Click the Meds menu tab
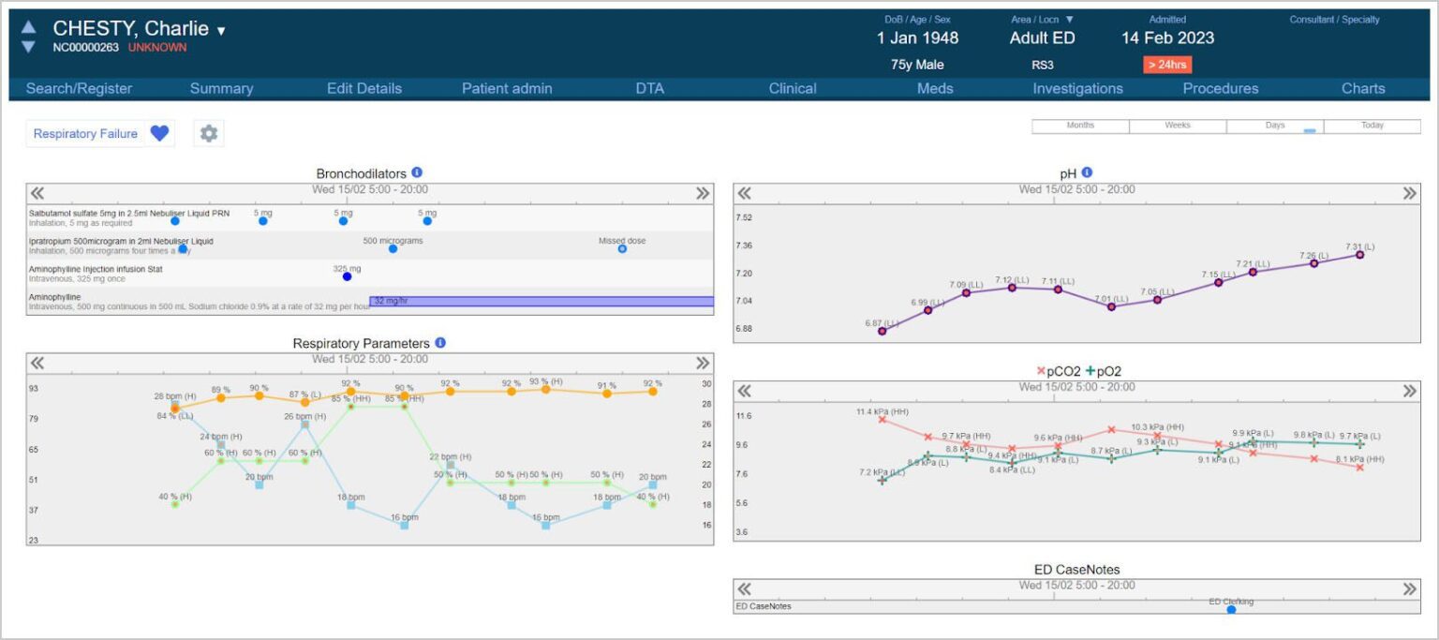934,88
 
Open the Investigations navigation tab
1077,88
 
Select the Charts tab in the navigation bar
1362,88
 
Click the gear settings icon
209,134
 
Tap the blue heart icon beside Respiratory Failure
159,134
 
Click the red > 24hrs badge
1166,65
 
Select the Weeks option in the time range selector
1178,126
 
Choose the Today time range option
1372,126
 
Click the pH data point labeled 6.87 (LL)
882,331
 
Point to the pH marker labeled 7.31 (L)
1359,255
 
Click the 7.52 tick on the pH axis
744,217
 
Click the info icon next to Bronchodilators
417,172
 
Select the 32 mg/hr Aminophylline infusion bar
541,301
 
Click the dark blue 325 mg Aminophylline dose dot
347,276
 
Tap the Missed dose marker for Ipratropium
622,249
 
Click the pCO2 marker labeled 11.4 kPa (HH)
882,419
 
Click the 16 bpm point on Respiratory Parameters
404,525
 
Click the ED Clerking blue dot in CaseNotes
1231,610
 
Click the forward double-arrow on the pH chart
1410,193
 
